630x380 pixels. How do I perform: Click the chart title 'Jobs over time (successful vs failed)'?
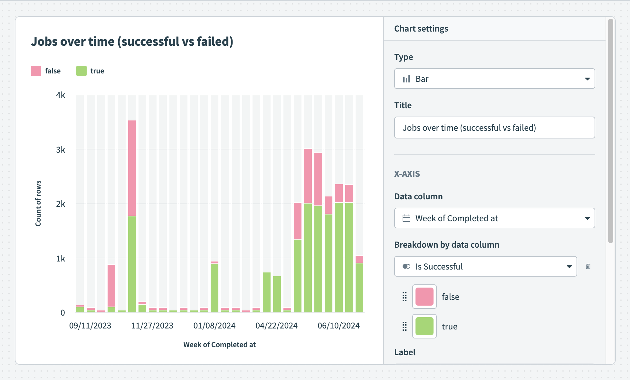[x=132, y=42]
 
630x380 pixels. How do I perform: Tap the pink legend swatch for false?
[x=36, y=71]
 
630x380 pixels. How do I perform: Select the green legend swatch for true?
[x=81, y=71]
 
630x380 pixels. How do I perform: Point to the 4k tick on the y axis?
[x=61, y=95]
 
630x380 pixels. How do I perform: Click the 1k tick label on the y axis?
[x=61, y=259]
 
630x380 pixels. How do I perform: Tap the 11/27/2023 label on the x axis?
[x=152, y=326]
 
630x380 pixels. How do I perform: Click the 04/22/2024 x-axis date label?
[x=276, y=326]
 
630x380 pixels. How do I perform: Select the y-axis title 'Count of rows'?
[x=38, y=203]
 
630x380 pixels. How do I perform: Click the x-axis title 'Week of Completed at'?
[x=219, y=345]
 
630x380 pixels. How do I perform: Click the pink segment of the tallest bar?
[x=132, y=168]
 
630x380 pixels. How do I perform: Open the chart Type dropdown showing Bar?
[x=494, y=79]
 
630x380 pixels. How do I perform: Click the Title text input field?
[x=494, y=128]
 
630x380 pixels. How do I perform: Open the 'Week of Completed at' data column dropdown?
[x=494, y=218]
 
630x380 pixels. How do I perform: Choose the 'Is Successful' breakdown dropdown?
[x=485, y=266]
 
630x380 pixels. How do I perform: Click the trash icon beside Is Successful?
[x=588, y=266]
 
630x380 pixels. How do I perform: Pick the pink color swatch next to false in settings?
[x=425, y=297]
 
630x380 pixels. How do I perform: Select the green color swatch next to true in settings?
[x=425, y=326]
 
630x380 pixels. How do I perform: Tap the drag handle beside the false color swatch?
[x=405, y=297]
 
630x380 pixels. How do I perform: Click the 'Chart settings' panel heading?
[x=421, y=29]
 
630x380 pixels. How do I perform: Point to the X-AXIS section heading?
[x=407, y=174]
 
